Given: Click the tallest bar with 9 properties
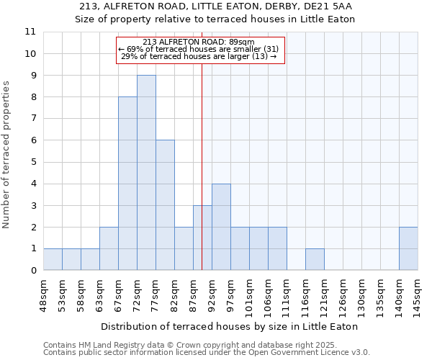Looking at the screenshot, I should coord(146,173).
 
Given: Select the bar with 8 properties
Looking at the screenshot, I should coord(127,184).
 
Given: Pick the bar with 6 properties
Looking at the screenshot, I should coord(165,205).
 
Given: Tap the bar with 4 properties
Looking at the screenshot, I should coord(221,227).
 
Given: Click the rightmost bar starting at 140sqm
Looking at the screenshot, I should coord(408,248).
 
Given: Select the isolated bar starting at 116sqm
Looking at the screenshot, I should coord(315,259).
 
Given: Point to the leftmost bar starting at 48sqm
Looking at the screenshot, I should coord(53,259).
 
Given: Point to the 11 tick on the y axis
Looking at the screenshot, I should coord(30,32).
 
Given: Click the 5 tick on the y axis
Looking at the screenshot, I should coord(32,162).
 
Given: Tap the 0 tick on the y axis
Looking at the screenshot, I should coord(32,271).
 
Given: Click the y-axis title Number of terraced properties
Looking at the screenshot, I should coord(7,154).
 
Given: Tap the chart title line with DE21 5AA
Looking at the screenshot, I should coord(215,6).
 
